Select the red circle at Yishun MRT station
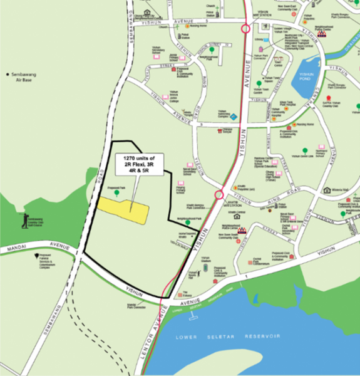(245, 28)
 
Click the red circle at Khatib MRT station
(219, 195)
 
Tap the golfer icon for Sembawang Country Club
(25, 219)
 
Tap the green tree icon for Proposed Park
(116, 194)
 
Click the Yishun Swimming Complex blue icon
(234, 117)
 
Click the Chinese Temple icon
(220, 131)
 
